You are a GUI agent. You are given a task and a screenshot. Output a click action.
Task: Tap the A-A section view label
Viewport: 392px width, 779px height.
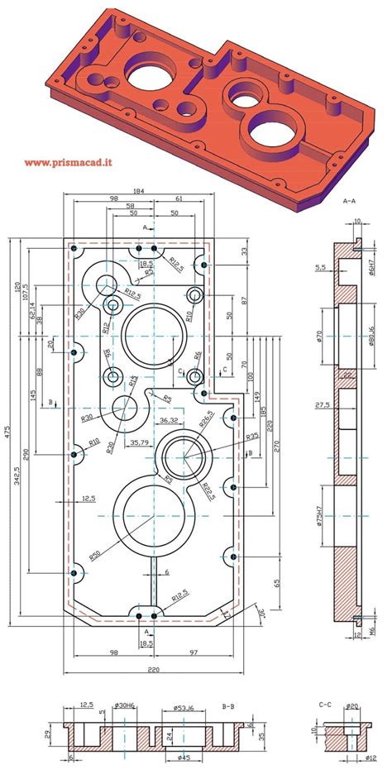click(348, 200)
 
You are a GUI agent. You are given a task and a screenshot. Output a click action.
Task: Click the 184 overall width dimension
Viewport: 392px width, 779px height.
click(138, 192)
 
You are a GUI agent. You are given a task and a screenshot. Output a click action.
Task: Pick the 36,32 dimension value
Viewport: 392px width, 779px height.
click(170, 421)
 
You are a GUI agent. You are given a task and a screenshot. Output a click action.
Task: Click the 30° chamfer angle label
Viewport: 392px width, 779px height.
click(261, 614)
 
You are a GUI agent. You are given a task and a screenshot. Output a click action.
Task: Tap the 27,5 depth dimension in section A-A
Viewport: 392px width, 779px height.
click(323, 405)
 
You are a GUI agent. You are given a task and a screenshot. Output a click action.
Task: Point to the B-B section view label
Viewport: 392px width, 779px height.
click(229, 707)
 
